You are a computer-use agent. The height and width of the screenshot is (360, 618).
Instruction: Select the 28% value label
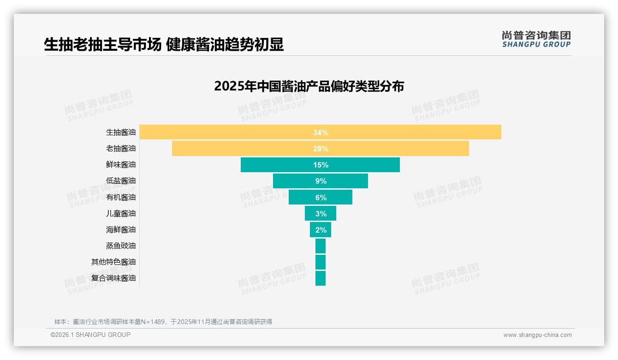321,149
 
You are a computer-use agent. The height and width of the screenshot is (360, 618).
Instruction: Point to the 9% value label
321,181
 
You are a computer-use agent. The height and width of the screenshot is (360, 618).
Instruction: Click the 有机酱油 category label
121,197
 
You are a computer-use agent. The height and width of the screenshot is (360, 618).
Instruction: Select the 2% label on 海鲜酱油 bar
321,230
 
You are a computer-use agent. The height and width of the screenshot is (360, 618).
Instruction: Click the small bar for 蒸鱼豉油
321,246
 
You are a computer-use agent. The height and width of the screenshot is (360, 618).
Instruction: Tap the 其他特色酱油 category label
113,262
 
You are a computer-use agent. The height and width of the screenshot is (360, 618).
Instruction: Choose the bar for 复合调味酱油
321,278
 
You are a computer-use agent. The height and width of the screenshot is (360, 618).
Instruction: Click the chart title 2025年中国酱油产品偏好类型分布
309,86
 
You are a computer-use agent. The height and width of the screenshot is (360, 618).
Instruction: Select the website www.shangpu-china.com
537,335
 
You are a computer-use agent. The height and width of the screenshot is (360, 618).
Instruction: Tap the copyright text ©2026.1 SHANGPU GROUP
90,335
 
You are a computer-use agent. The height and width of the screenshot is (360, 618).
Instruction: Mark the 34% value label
321,132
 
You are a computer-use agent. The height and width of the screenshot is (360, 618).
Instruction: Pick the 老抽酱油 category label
121,149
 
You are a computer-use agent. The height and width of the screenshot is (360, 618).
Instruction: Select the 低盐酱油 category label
121,181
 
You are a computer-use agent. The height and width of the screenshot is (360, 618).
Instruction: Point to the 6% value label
321,198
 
